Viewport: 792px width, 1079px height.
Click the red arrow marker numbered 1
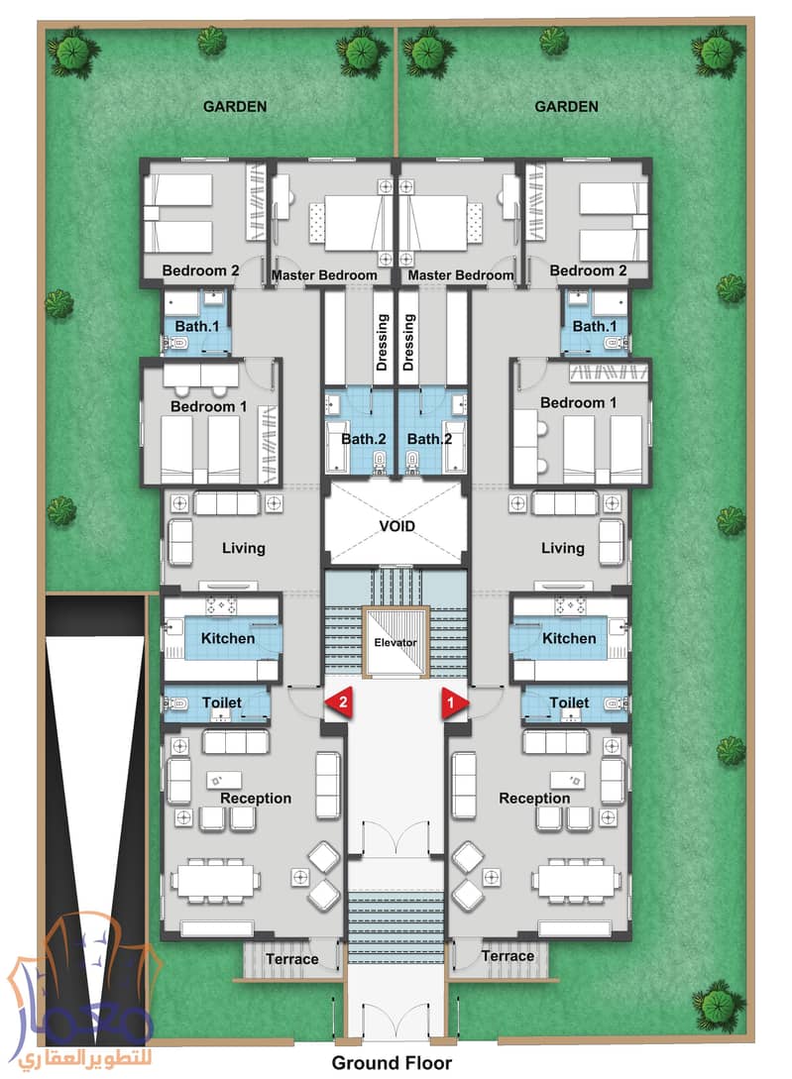pos(453,702)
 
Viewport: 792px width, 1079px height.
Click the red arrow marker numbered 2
pos(339,702)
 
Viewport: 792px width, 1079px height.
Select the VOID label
pos(396,526)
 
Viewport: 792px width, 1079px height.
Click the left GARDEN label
pos(235,107)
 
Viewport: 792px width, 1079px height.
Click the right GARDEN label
pos(566,107)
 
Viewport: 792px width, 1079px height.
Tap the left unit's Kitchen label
pos(228,638)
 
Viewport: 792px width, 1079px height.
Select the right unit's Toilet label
pos(569,702)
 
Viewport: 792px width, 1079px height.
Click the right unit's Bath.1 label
pos(594,326)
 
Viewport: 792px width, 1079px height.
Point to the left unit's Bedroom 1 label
pos(208,406)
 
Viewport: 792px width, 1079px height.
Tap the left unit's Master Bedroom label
pos(324,275)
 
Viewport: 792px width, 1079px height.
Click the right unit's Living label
pos(563,548)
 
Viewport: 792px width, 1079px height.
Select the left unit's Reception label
pos(256,799)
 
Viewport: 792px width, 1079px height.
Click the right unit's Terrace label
pos(508,956)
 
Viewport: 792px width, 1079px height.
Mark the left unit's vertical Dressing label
pos(382,343)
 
